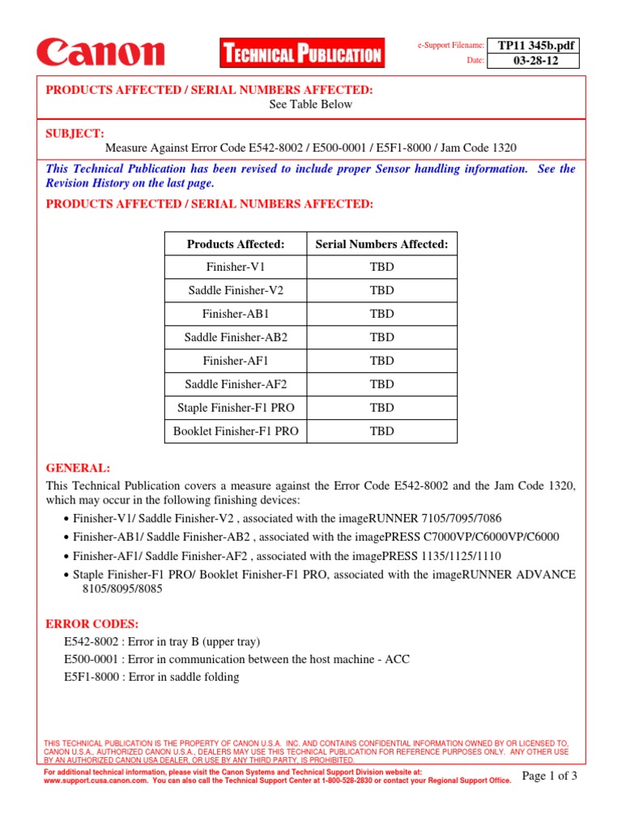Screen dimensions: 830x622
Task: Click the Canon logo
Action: pyautogui.click(x=100, y=53)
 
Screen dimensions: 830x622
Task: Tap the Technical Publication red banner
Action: pyautogui.click(x=301, y=54)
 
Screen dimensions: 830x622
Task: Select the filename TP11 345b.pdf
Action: pyautogui.click(x=539, y=45)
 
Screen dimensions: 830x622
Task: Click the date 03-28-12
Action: pyautogui.click(x=539, y=62)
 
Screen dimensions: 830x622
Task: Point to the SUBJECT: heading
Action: pyautogui.click(x=75, y=133)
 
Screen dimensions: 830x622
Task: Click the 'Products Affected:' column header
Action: pyautogui.click(x=236, y=244)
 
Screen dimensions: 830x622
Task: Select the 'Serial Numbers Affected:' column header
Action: pyautogui.click(x=381, y=244)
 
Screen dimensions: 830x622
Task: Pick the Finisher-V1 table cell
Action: pyautogui.click(x=236, y=267)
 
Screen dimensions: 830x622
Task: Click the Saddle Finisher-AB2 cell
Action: pyautogui.click(x=236, y=337)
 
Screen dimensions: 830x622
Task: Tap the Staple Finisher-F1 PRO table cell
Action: pyautogui.click(x=236, y=408)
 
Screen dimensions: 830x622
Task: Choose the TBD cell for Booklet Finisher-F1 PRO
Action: pyautogui.click(x=381, y=431)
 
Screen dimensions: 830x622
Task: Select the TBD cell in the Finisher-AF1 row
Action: pyautogui.click(x=381, y=361)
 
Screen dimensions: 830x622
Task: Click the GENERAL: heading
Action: pyautogui.click(x=78, y=468)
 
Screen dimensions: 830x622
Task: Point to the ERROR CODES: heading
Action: pyautogui.click(x=92, y=624)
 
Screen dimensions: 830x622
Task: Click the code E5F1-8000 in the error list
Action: pyautogui.click(x=92, y=677)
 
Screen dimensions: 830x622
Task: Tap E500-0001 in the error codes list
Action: pyautogui.click(x=92, y=659)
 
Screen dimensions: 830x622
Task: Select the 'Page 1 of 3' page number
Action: pyautogui.click(x=550, y=777)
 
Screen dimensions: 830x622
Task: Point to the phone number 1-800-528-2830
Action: pyautogui.click(x=361, y=781)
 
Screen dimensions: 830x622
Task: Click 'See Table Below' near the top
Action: pyautogui.click(x=311, y=104)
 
